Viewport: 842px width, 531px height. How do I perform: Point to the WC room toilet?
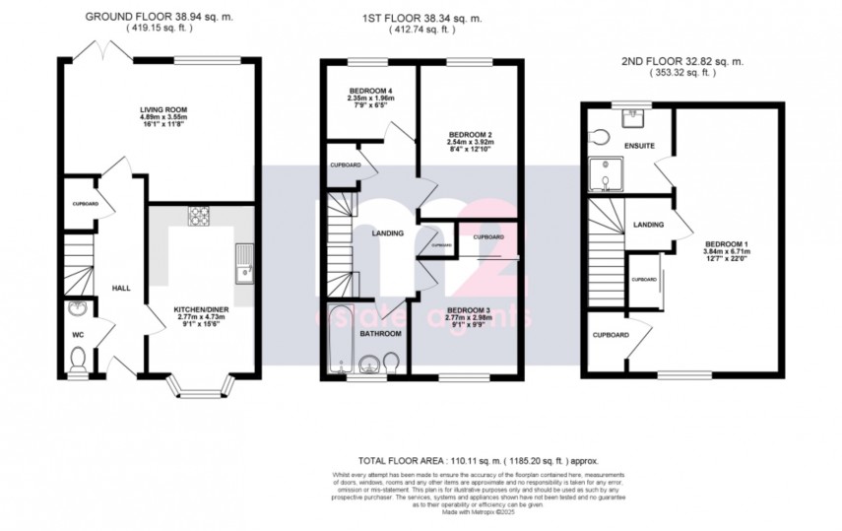79,362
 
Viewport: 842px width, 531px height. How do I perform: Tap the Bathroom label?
380,334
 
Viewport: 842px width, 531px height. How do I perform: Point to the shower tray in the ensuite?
601,172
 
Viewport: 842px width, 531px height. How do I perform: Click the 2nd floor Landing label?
648,225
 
